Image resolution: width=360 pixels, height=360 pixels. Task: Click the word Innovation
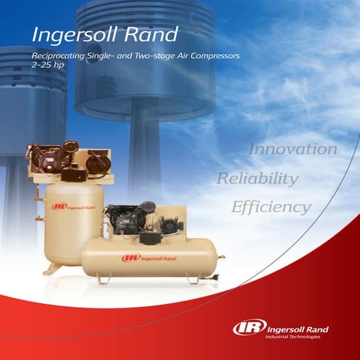(293, 149)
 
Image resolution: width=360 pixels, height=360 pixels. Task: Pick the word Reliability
(257, 179)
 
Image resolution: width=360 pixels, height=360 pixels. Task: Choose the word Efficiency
(271, 207)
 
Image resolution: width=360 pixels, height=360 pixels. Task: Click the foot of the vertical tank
(52, 268)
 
